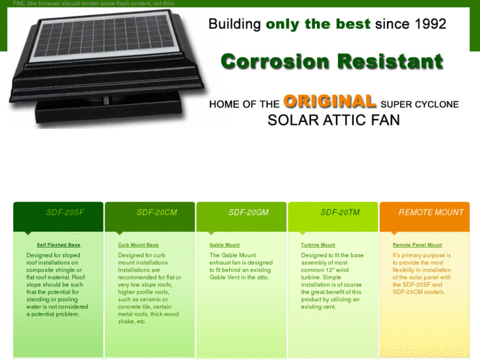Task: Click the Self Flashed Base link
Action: (58, 245)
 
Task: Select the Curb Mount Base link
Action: (138, 245)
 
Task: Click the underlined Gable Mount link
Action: (224, 245)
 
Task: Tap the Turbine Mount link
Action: (318, 245)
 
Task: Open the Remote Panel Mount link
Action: (417, 245)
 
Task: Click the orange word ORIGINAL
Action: (329, 102)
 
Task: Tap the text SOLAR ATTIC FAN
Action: (333, 120)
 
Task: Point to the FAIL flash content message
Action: (94, 3)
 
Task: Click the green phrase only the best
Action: (318, 24)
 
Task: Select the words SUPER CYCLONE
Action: (419, 104)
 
